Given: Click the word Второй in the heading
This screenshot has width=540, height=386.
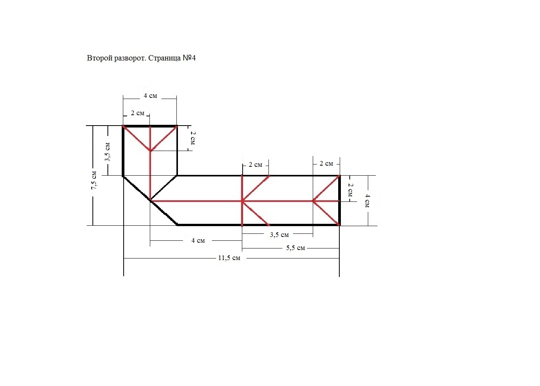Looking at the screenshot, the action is [x=99, y=58].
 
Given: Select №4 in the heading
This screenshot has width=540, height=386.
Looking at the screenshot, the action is [x=189, y=58].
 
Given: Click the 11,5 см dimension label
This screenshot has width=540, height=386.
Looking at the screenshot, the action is [x=229, y=258].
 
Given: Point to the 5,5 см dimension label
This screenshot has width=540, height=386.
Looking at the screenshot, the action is [x=295, y=248].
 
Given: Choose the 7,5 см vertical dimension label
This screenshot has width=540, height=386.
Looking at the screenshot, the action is [x=94, y=180].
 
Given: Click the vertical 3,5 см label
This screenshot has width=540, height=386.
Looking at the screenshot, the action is [x=107, y=152].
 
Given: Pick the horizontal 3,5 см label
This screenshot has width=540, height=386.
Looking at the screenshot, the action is [x=279, y=235].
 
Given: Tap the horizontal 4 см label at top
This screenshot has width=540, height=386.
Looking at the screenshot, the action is [x=150, y=96].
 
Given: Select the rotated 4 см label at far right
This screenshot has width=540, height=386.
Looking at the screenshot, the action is [x=367, y=201].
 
